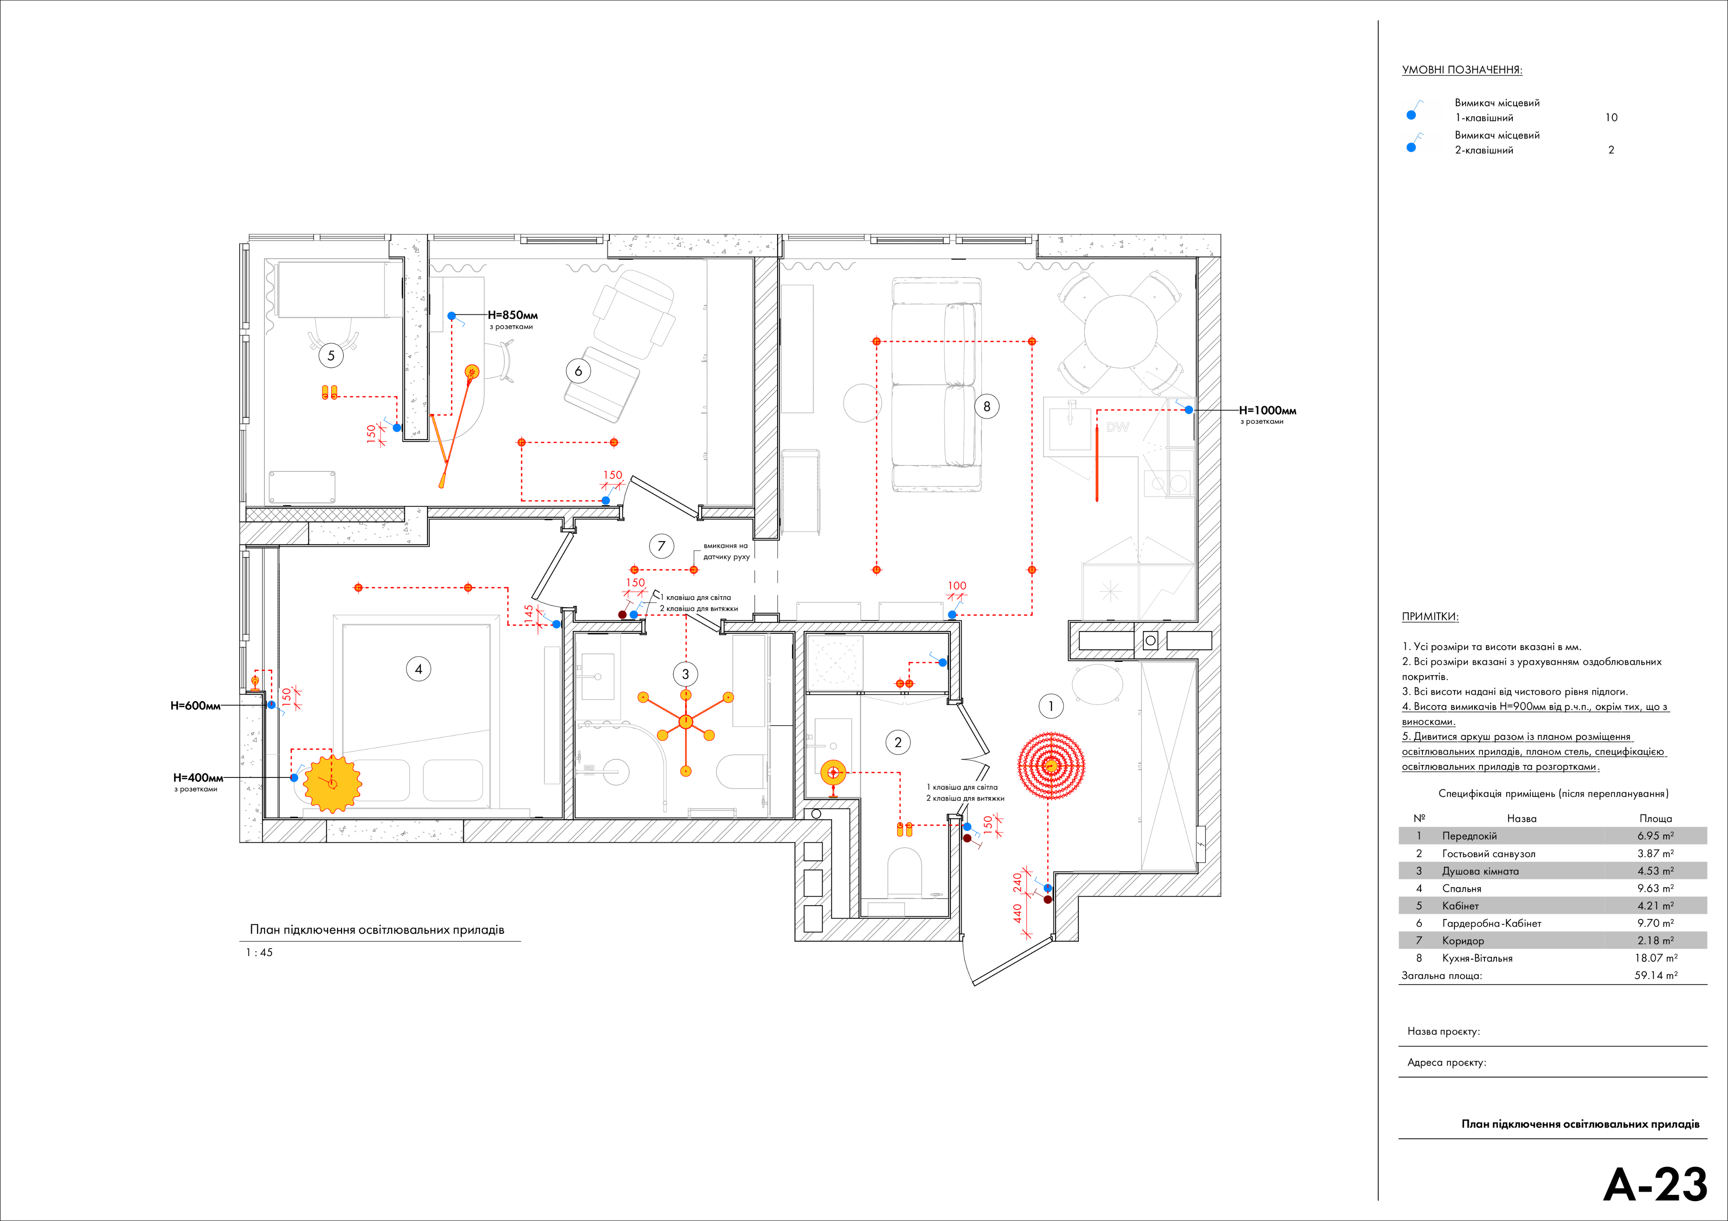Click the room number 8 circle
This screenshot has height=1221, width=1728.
click(987, 407)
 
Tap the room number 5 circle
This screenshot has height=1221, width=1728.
click(331, 356)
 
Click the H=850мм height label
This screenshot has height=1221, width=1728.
click(513, 315)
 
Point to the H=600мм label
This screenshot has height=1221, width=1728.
click(195, 706)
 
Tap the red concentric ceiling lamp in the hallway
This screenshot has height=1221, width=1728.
click(1051, 766)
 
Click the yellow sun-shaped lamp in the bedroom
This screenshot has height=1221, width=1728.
click(332, 783)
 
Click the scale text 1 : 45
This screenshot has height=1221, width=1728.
click(259, 952)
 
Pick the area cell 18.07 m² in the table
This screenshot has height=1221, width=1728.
click(1655, 957)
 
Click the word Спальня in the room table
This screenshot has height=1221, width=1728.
click(1461, 888)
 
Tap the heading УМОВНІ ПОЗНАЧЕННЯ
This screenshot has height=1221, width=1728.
click(1461, 70)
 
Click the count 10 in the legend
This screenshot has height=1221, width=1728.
click(1611, 117)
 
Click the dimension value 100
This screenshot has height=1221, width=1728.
click(956, 585)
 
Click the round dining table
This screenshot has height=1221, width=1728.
click(1120, 331)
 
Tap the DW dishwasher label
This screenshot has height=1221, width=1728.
click(1118, 428)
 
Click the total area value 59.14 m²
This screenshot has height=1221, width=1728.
click(1655, 975)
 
